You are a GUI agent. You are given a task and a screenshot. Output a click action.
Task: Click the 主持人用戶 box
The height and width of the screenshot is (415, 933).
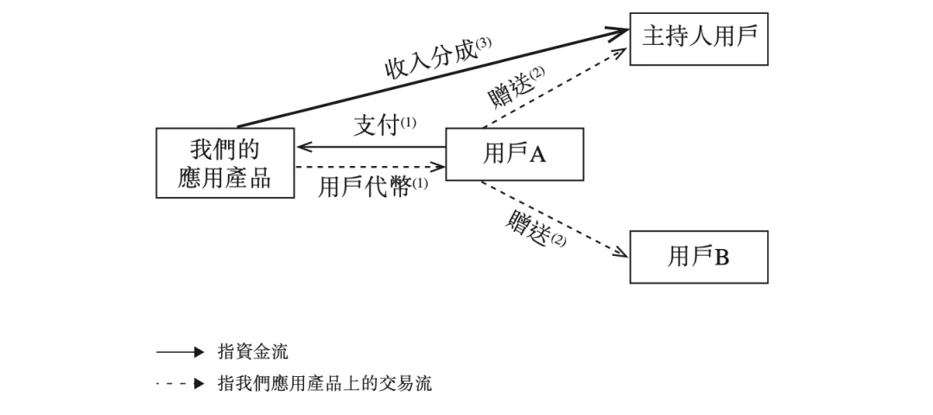[698, 38]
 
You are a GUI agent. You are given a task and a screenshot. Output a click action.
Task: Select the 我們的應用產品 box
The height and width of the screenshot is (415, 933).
[225, 163]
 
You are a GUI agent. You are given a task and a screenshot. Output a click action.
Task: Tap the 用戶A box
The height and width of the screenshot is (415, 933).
[514, 154]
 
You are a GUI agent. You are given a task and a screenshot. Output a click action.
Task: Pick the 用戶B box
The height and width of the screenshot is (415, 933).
[698, 257]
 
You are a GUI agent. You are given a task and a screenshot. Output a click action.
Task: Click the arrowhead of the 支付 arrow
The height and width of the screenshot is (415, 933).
[303, 147]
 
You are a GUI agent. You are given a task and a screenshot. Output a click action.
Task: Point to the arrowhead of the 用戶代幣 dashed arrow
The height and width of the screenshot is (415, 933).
[439, 166]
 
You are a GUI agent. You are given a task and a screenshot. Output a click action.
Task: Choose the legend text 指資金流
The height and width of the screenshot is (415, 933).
[253, 352]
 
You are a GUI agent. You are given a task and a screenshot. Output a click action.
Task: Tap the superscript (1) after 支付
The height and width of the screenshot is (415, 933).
[408, 122]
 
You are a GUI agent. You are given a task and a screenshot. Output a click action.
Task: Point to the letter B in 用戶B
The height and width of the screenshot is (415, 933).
[721, 258]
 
